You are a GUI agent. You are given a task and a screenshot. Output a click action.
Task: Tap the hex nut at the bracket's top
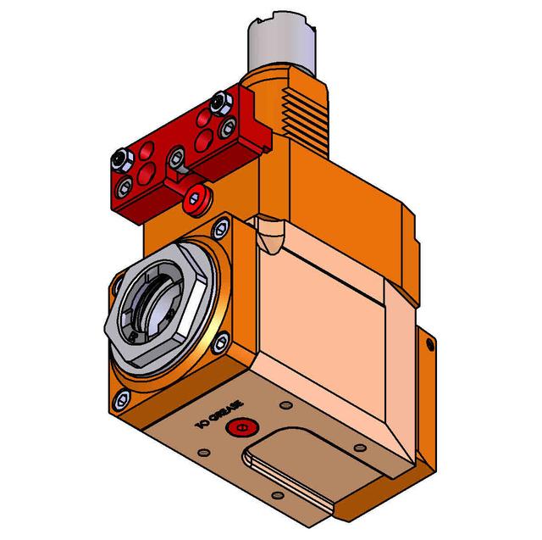click(222, 103)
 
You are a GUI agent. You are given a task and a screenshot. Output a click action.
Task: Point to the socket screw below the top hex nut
click(227, 129)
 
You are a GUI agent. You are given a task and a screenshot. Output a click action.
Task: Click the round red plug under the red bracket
click(197, 198)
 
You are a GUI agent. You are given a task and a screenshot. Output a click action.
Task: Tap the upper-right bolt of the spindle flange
click(222, 226)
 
